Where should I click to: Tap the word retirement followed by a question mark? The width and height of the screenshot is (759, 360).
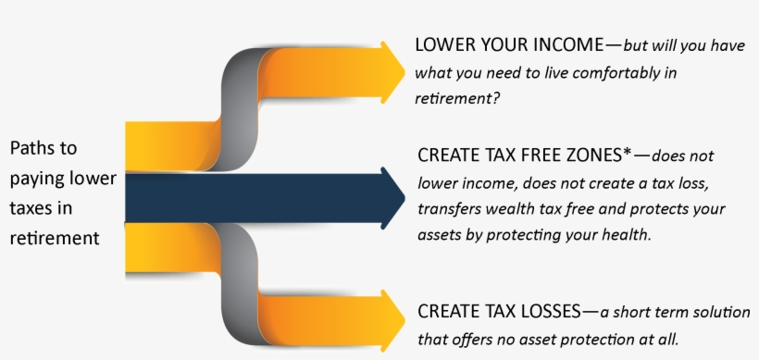click(x=453, y=97)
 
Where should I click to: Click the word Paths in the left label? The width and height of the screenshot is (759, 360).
click(x=31, y=148)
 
